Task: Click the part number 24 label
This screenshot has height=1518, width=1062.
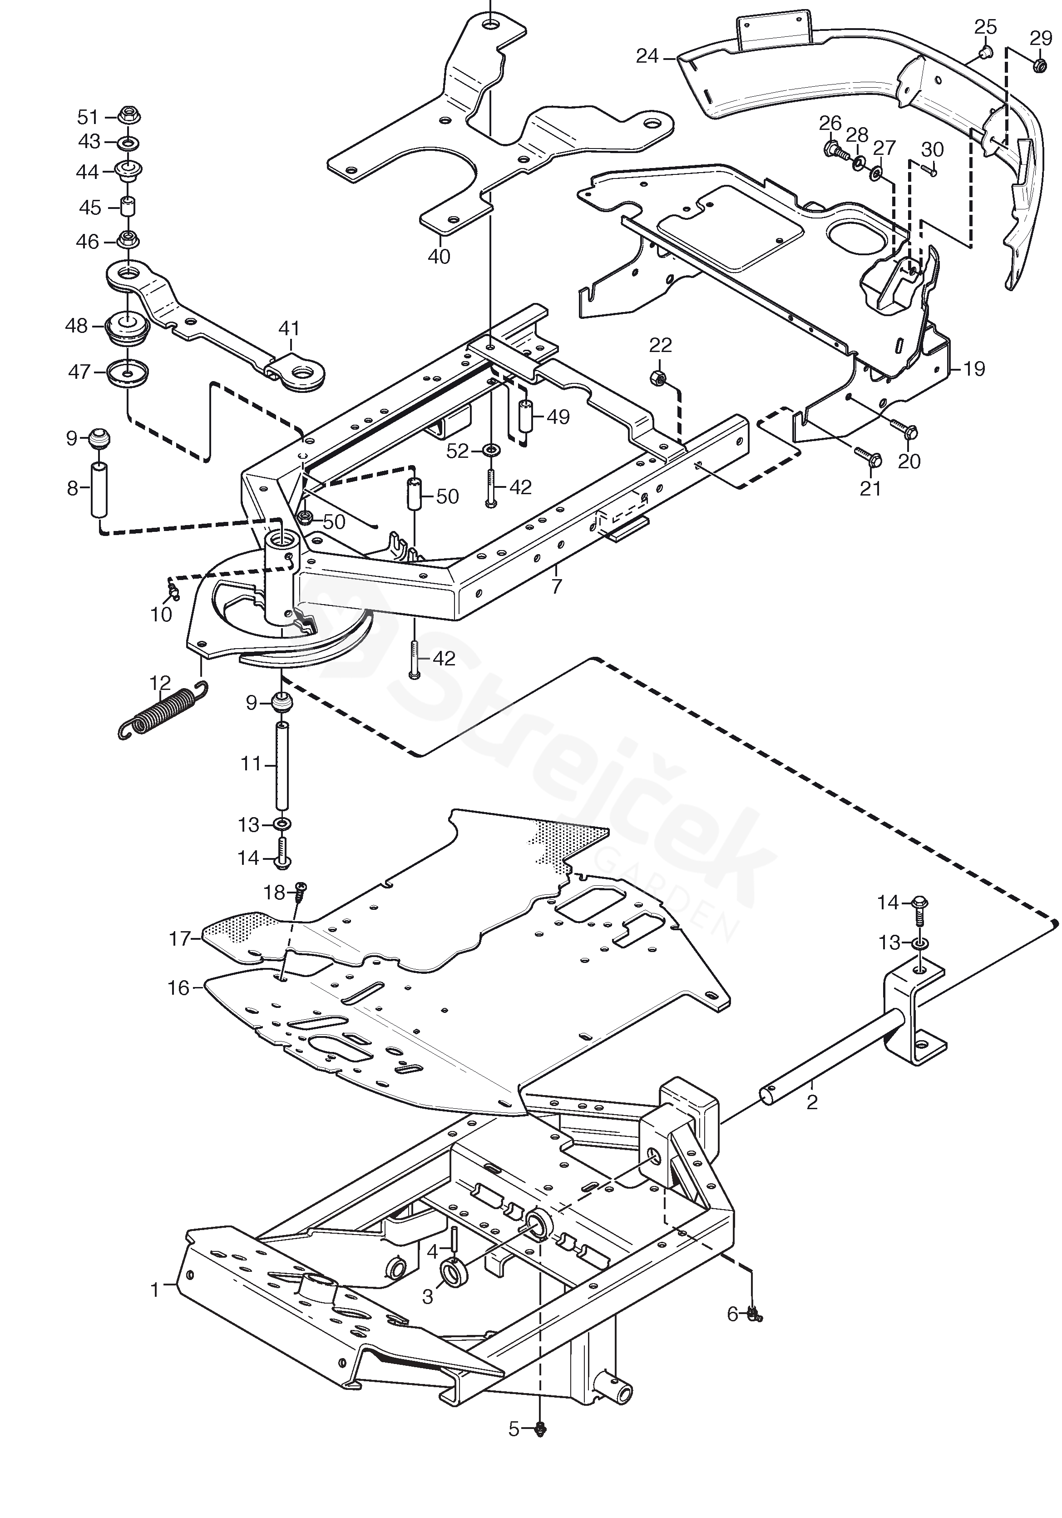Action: pos(647,57)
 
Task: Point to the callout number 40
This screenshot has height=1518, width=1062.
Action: pos(439,257)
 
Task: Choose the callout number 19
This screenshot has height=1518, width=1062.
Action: pos(974,368)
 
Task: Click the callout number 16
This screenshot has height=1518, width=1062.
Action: pos(179,988)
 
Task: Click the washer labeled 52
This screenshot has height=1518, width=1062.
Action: pos(490,451)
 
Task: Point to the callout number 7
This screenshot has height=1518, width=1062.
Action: pos(557,586)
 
